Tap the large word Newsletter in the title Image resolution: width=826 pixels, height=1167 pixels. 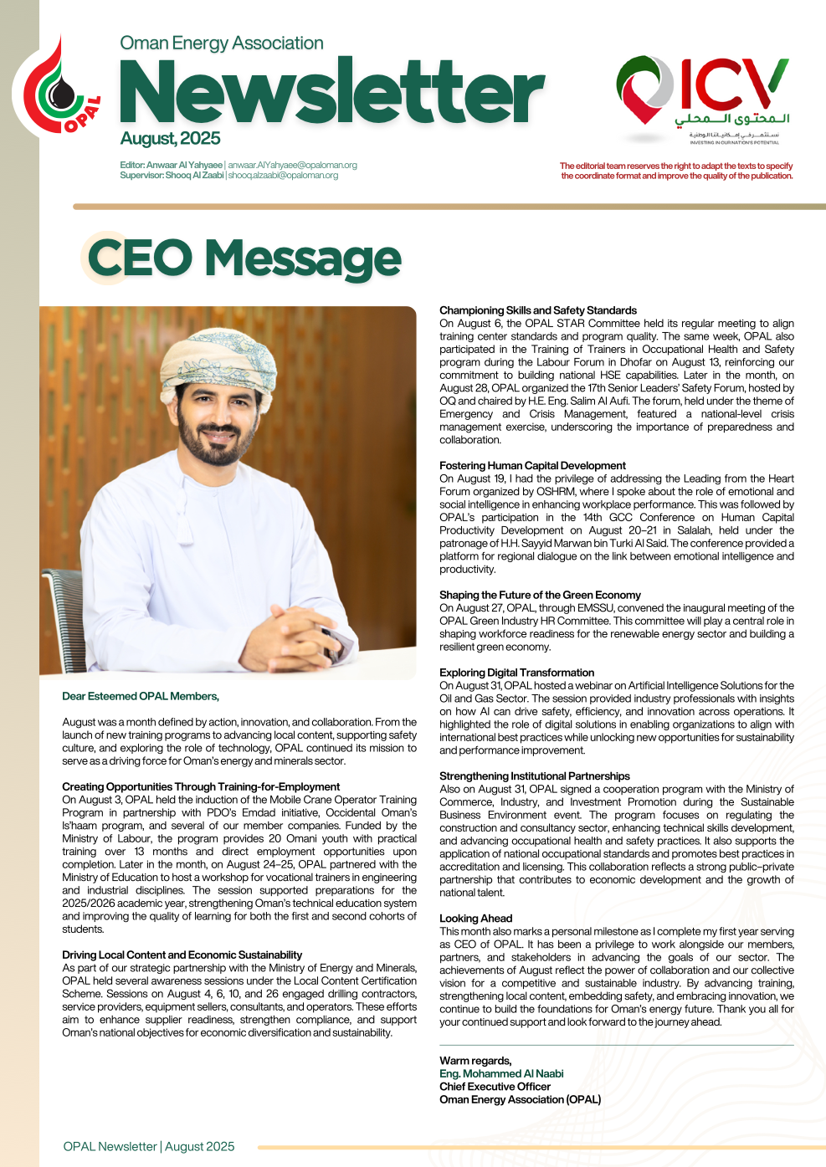click(332, 93)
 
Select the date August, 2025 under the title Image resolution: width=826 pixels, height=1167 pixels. click(170, 139)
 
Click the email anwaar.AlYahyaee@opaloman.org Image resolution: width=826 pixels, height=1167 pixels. click(292, 165)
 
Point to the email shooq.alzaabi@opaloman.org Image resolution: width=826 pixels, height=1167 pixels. click(283, 176)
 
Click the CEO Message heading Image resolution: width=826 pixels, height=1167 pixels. click(244, 258)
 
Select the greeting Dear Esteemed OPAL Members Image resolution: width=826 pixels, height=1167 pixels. click(141, 696)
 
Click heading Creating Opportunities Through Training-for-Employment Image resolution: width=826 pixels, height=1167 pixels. click(201, 786)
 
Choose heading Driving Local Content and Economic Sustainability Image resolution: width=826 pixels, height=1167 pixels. click(182, 955)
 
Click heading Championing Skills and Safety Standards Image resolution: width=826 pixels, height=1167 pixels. click(538, 310)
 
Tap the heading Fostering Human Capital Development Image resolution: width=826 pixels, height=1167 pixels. click(532, 466)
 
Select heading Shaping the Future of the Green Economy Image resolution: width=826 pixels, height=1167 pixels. click(540, 595)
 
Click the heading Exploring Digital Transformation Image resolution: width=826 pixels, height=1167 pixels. click(516, 673)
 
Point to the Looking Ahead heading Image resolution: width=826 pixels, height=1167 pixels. click(475, 919)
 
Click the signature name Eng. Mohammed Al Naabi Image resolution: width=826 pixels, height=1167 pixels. click(501, 1073)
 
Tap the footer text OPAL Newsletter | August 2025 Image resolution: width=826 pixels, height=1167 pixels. click(149, 1146)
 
